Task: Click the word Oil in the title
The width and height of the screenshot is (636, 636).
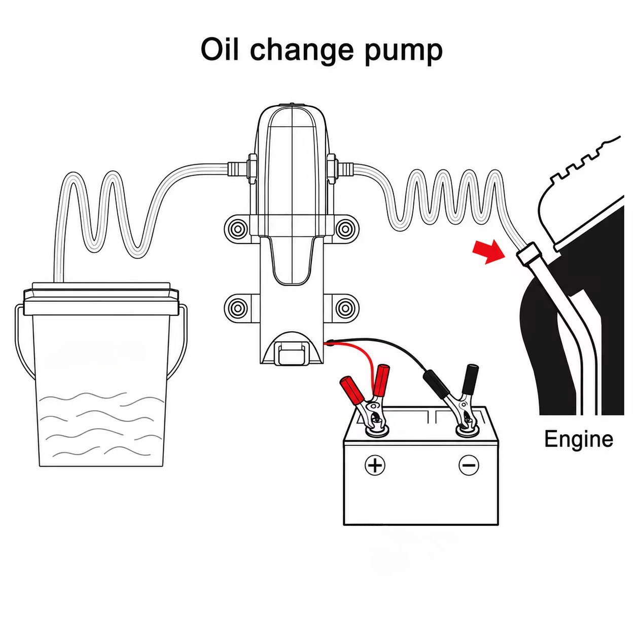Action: point(219,50)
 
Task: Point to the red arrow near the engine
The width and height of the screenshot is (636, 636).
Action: point(488,251)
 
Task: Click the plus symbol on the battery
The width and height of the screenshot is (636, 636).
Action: point(375,465)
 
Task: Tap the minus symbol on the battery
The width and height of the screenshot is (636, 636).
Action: point(469,465)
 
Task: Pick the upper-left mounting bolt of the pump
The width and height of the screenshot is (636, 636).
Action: point(237,228)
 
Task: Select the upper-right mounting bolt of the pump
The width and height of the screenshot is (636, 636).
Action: point(345,228)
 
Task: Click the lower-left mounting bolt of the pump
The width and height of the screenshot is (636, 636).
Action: point(237,308)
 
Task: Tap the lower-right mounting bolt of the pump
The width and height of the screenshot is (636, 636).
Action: point(345,308)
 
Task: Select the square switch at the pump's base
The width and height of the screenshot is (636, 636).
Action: point(291,353)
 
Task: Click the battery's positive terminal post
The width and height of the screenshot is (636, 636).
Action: point(376,430)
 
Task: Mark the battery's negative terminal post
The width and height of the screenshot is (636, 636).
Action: point(467,430)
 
